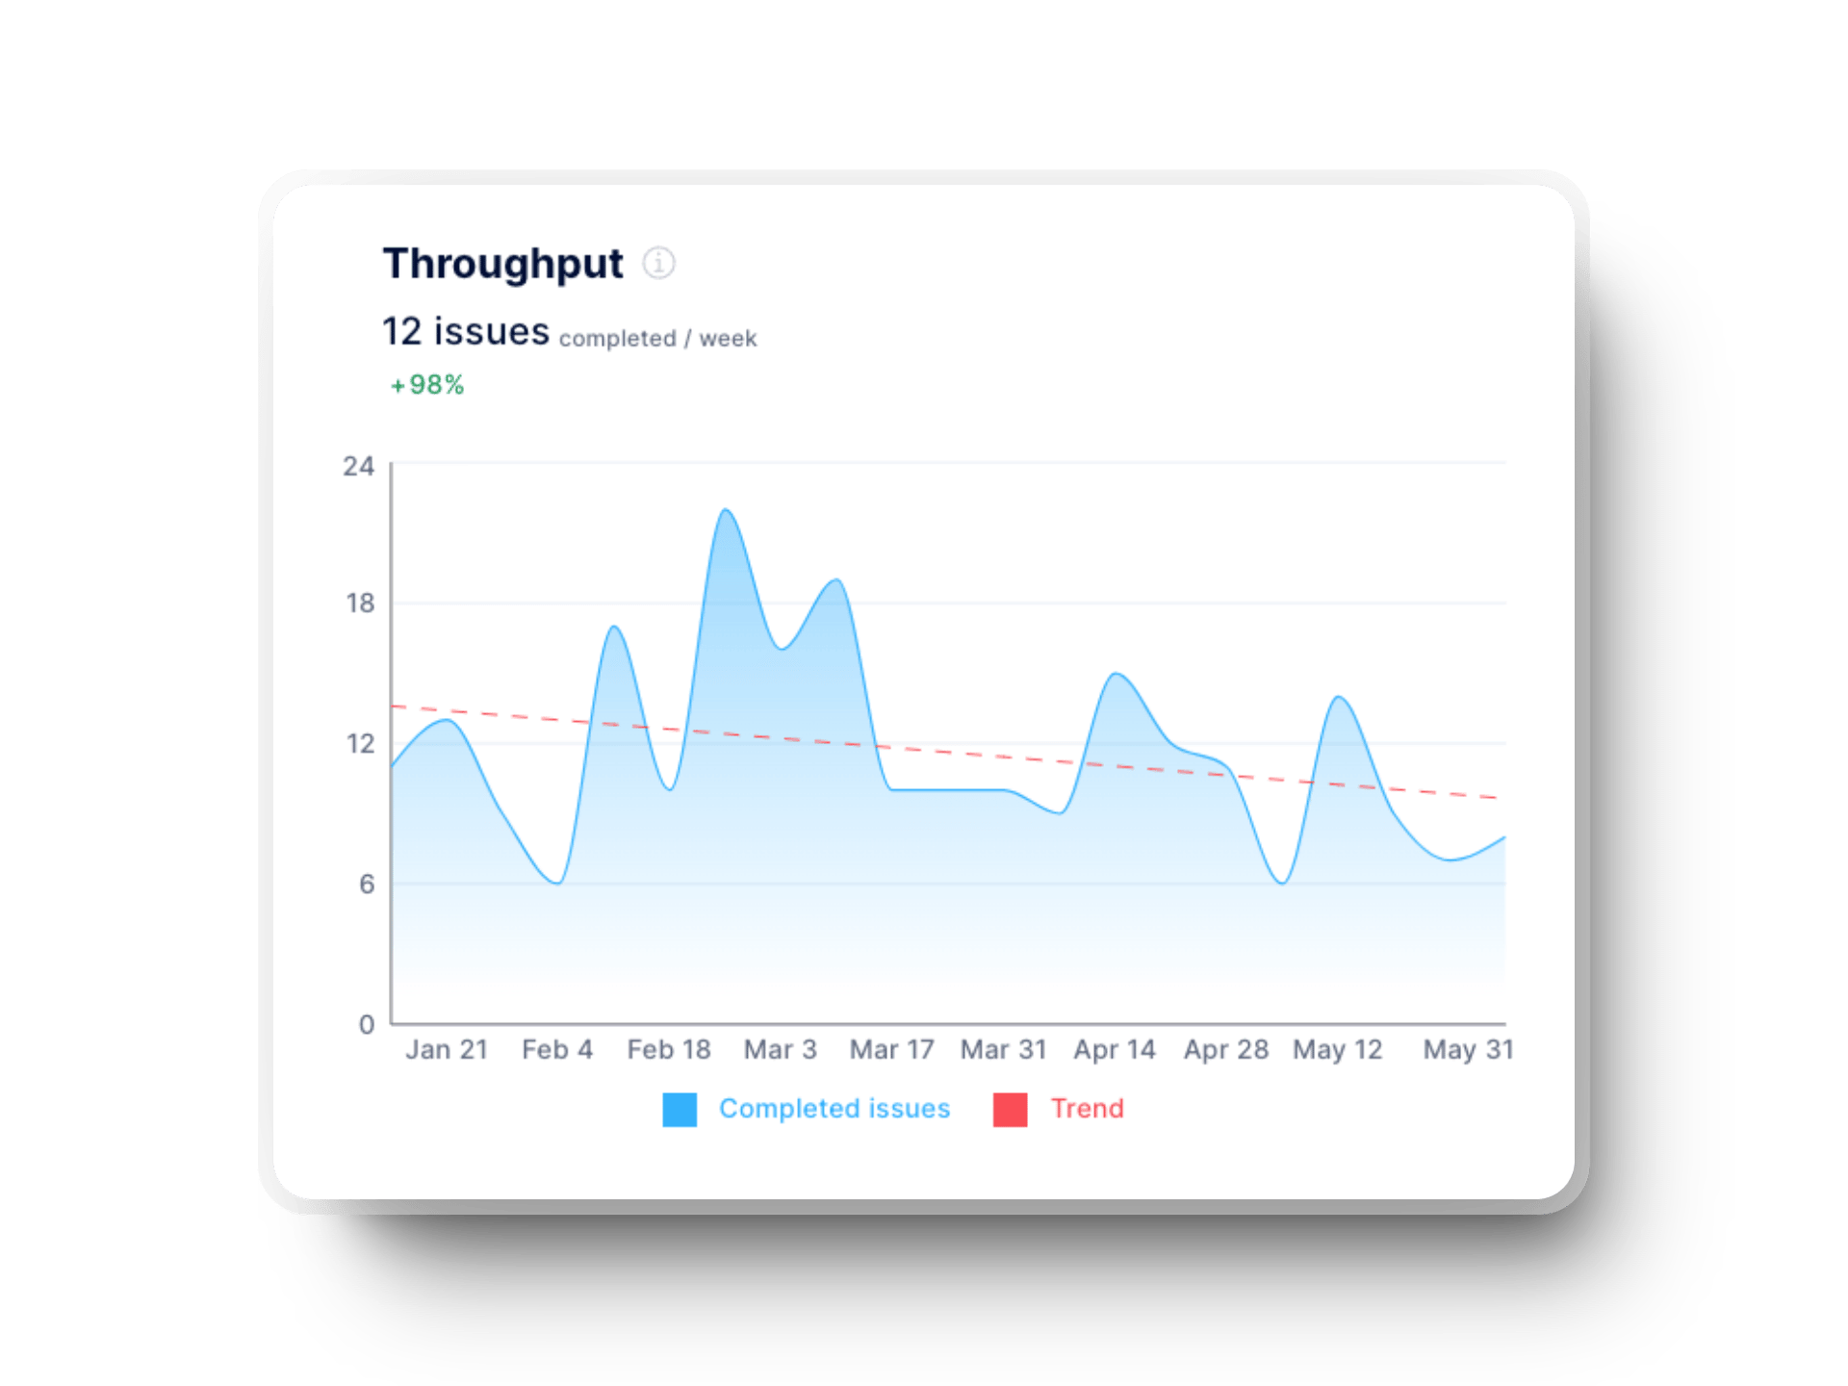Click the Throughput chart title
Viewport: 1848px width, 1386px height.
click(x=502, y=264)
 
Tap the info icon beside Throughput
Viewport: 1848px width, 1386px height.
click(x=659, y=263)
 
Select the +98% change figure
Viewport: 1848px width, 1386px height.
click(x=427, y=385)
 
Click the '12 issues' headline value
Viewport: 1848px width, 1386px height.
click(x=466, y=332)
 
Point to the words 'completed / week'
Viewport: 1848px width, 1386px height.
click(x=657, y=339)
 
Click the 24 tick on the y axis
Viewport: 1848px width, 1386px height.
click(x=358, y=467)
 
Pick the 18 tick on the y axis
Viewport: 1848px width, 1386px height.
click(x=360, y=603)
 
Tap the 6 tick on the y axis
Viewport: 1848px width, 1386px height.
click(x=367, y=885)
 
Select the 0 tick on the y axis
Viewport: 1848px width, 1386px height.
click(x=367, y=1025)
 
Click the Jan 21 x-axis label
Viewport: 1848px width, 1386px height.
click(x=447, y=1050)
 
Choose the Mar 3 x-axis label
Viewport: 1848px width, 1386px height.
click(x=780, y=1050)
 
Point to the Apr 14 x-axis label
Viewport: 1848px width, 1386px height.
click(x=1115, y=1050)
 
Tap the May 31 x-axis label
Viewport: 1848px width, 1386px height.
click(x=1468, y=1050)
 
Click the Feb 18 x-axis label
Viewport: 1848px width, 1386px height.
click(x=669, y=1050)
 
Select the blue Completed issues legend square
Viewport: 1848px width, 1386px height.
click(x=680, y=1110)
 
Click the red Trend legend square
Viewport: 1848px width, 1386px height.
click(x=1010, y=1110)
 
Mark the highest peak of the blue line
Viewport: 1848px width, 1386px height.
click(x=726, y=510)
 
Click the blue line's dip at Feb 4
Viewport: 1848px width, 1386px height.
click(x=557, y=883)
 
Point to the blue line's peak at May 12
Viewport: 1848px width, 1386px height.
click(x=1338, y=697)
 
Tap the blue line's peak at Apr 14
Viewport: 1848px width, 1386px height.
click(x=1115, y=674)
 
